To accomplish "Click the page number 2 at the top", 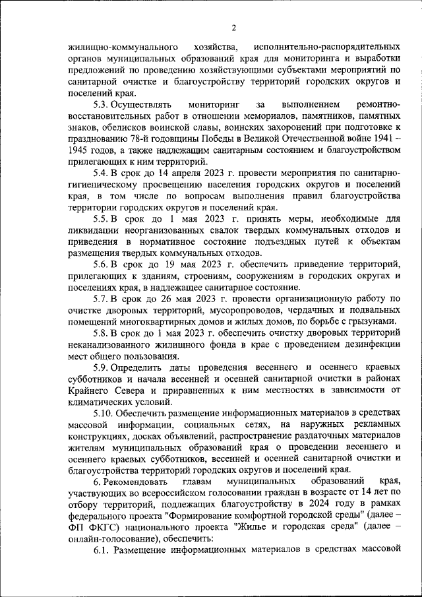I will [x=233, y=27].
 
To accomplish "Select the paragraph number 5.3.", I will [x=101, y=104].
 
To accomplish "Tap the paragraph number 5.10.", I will [x=104, y=412].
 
